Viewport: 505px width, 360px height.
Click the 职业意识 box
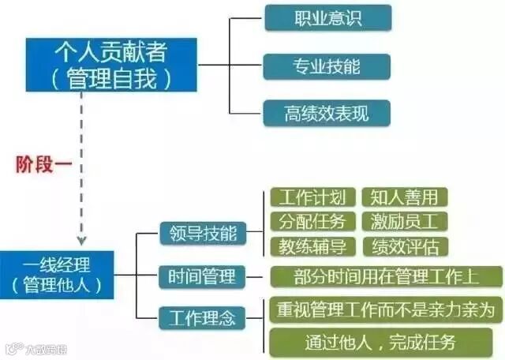coord(327,17)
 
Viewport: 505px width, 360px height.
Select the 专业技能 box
coord(327,66)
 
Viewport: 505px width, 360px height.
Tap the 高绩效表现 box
coord(327,112)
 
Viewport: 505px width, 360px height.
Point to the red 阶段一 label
coord(40,164)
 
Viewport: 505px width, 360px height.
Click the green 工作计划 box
coord(312,197)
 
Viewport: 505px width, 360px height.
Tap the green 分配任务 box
coord(312,221)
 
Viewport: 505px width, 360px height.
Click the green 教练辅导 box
coord(312,246)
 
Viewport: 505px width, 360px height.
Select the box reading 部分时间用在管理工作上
coord(386,277)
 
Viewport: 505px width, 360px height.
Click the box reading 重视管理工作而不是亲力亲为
coord(386,309)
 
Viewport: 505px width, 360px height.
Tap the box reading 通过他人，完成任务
coord(386,342)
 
